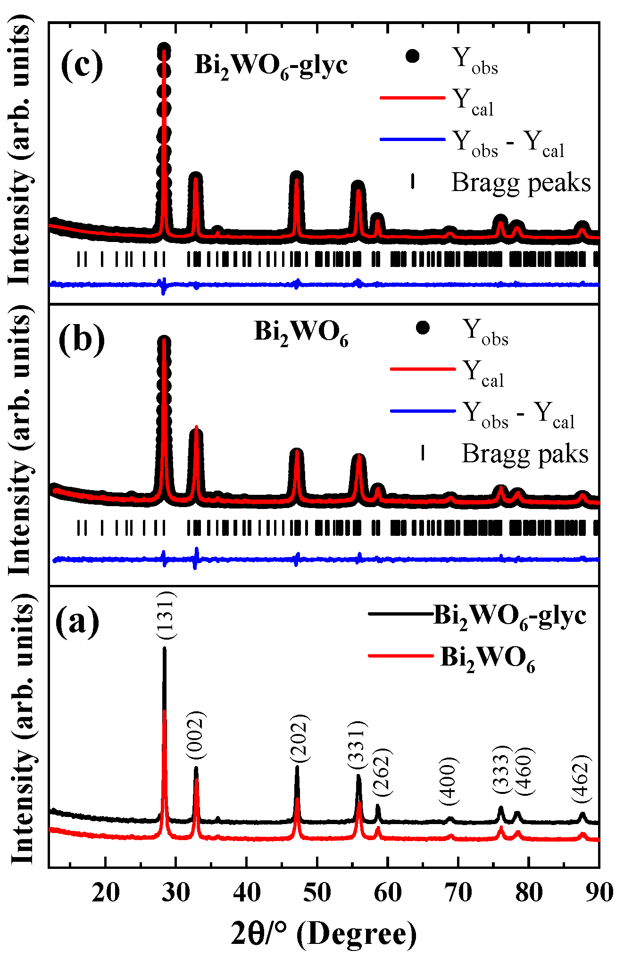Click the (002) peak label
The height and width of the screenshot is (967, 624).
(x=196, y=735)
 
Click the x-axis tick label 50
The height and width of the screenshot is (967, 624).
(x=317, y=893)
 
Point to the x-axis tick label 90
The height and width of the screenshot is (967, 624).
(x=598, y=893)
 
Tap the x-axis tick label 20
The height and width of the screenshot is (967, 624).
(x=106, y=893)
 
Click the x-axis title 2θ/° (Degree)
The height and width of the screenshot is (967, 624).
(x=324, y=934)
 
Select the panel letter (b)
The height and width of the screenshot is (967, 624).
(x=82, y=339)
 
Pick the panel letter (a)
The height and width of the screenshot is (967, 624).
(x=77, y=621)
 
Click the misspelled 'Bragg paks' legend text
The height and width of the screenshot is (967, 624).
(x=524, y=453)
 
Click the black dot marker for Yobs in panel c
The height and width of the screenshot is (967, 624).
(x=412, y=56)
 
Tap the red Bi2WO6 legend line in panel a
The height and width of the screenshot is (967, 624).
(x=400, y=656)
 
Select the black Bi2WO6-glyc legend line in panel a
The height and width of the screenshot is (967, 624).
(x=400, y=614)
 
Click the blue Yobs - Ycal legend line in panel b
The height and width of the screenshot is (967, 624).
(x=423, y=411)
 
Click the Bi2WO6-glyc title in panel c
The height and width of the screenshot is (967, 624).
(x=271, y=66)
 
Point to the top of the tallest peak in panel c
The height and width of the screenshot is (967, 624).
(x=164, y=49)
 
